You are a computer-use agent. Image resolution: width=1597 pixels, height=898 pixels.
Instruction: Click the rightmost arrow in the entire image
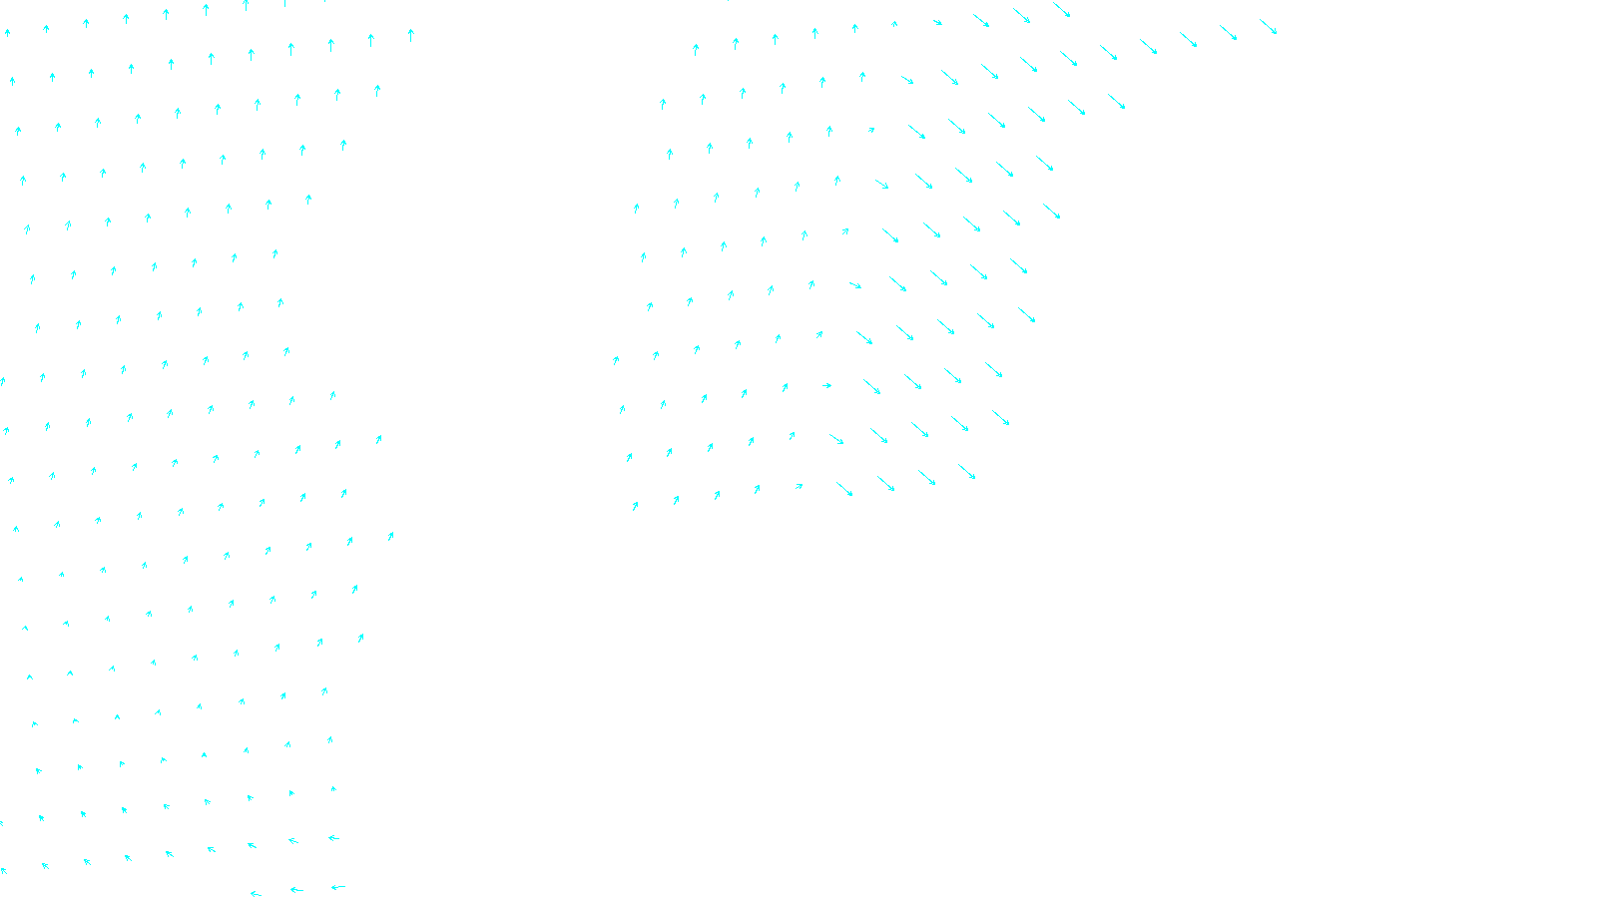[1269, 27]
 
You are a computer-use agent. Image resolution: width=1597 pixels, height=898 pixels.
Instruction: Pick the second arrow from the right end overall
[1229, 33]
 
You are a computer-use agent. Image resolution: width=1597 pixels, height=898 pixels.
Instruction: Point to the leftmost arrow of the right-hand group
[616, 360]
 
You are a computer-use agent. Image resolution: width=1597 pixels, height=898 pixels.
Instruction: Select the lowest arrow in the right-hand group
[635, 506]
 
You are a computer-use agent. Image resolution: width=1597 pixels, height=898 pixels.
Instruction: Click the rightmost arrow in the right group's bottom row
[967, 471]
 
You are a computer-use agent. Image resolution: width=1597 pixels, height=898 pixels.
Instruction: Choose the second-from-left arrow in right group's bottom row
[676, 500]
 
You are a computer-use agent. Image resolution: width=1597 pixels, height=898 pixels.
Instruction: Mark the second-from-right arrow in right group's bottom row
[927, 478]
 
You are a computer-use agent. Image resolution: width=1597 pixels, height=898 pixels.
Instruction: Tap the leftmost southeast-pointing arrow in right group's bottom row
[844, 489]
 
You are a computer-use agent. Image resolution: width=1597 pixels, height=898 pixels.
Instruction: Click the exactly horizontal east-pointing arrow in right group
[826, 385]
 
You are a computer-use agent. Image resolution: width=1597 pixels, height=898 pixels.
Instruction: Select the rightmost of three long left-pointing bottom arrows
[338, 886]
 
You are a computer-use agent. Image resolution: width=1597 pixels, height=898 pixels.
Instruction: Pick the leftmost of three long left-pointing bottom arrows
[256, 893]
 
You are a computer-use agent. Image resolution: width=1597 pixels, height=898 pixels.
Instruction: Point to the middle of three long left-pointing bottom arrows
[296, 889]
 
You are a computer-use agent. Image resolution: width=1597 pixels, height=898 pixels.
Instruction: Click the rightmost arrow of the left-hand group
[410, 35]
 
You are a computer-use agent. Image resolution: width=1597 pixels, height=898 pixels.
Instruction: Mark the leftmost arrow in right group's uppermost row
[696, 49]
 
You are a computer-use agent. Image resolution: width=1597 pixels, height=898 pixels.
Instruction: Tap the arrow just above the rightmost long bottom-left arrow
[333, 838]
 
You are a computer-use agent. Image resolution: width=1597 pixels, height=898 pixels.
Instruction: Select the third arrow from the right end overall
[1188, 39]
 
